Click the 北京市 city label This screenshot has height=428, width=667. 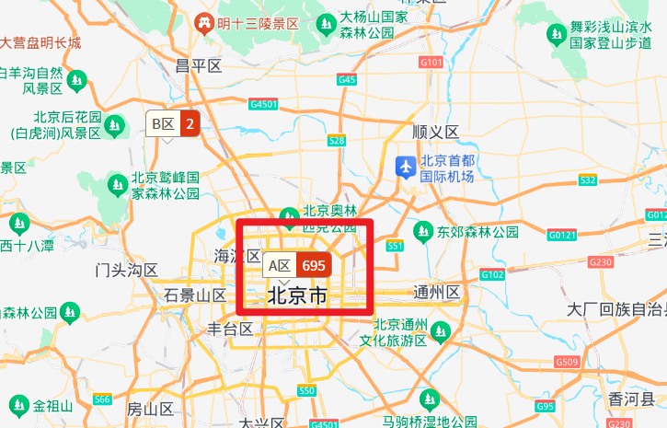point(296,296)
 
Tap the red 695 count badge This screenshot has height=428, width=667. point(313,265)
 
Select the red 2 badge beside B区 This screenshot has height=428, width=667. point(190,123)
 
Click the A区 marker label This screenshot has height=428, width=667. point(280,265)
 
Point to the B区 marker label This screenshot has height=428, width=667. point(163,123)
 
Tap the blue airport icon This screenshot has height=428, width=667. point(405,167)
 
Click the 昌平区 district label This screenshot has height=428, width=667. point(199,65)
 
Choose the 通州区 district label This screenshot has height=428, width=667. point(436,293)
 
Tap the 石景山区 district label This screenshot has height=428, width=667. point(195,295)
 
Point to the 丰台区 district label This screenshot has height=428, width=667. point(230,329)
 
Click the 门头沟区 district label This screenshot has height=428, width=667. point(127,270)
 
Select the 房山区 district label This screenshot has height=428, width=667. point(150,409)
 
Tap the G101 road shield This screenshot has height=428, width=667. point(431,62)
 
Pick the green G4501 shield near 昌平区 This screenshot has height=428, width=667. point(263,105)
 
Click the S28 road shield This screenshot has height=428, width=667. point(337,141)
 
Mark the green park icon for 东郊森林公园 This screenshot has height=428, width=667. point(423,230)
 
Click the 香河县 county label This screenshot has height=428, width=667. point(630,398)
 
